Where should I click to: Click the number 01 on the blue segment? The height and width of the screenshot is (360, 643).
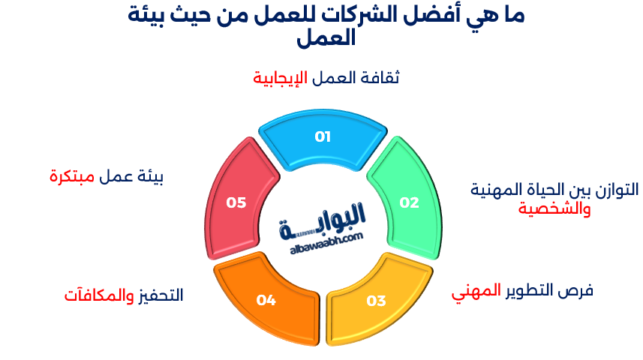[x=323, y=136]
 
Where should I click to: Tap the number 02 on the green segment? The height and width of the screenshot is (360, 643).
[x=409, y=202]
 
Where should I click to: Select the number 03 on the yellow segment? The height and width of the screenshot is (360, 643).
[x=376, y=301]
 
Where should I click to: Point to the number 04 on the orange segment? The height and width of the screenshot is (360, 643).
[x=266, y=301]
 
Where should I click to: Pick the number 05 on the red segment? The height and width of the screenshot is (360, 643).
[x=236, y=202]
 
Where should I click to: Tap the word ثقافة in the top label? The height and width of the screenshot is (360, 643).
[x=381, y=78]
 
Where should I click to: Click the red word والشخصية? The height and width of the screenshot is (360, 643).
[x=554, y=208]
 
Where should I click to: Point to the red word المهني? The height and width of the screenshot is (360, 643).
[x=476, y=291]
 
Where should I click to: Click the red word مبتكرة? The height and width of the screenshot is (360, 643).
[x=72, y=178]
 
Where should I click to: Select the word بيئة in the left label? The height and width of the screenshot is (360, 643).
[x=150, y=178]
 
